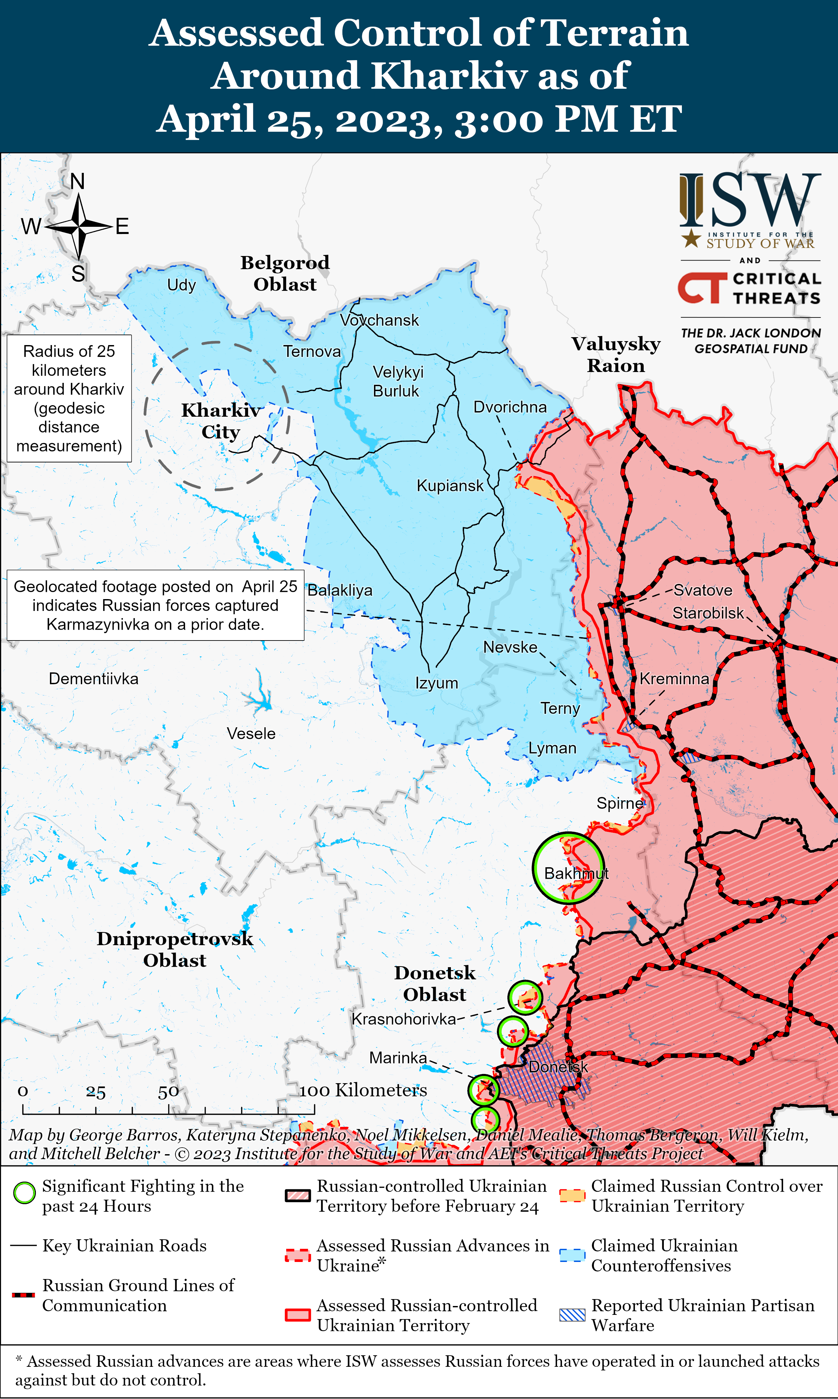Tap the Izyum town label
tap(436, 683)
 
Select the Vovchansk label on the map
tap(380, 320)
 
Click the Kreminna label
tap(674, 679)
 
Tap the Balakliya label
tap(340, 591)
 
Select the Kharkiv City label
tap(221, 421)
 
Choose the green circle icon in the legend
tap(24, 1193)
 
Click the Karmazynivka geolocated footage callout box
tap(155, 605)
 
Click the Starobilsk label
tap(708, 613)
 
